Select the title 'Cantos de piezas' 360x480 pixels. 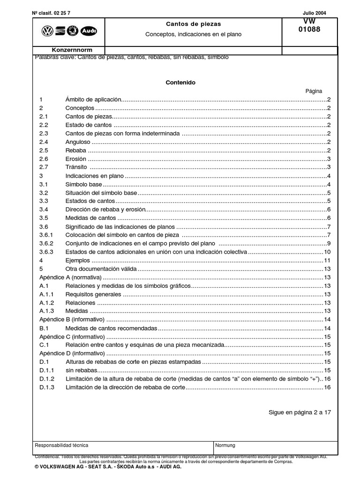coord(194,23)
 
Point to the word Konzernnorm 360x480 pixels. coord(72,50)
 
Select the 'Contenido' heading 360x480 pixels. coord(180,82)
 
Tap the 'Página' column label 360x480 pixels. coord(314,91)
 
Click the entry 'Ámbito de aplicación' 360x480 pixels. coord(93,100)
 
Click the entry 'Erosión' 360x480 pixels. coord(76,159)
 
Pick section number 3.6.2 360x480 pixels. coord(46,244)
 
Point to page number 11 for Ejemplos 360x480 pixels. coord(328,261)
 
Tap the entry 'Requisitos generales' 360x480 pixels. coord(93,294)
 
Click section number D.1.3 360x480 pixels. coord(47,387)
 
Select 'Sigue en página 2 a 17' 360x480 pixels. coord(300,412)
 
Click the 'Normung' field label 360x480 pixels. coord(225,445)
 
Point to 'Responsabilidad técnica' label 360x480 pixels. coord(61,445)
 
